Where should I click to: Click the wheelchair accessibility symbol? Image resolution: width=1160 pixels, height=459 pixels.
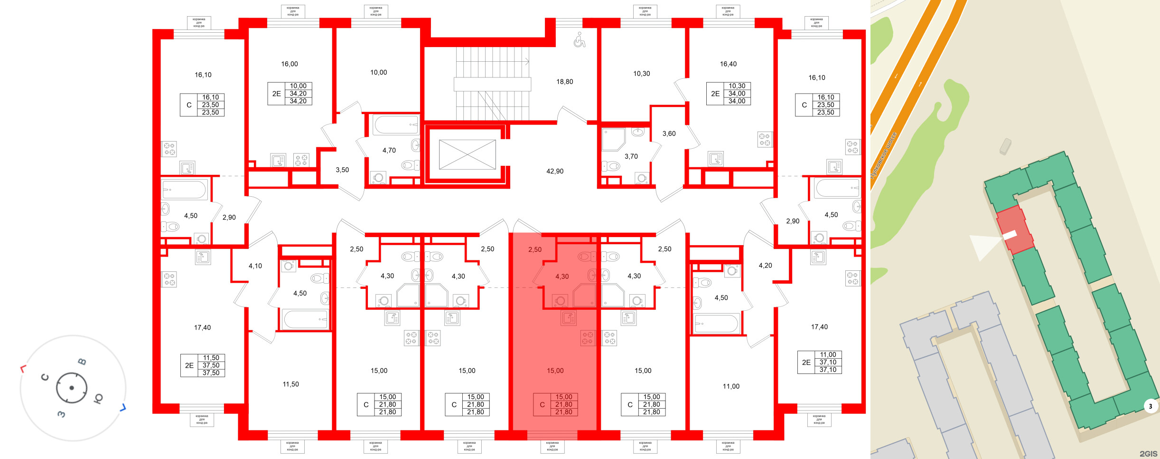pyautogui.click(x=579, y=40)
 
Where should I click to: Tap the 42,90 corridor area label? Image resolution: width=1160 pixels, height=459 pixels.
pyautogui.click(x=554, y=171)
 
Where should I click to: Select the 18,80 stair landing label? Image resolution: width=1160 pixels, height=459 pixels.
pyautogui.click(x=564, y=82)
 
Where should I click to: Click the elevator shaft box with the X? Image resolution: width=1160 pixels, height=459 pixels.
pyautogui.click(x=467, y=154)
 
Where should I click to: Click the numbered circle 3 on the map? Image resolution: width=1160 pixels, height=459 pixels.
pyautogui.click(x=1150, y=406)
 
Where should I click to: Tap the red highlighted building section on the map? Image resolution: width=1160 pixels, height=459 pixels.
pyautogui.click(x=1015, y=230)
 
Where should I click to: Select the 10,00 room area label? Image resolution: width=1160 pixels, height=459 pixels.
pyautogui.click(x=378, y=73)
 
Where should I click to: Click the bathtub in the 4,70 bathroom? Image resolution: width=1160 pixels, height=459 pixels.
pyautogui.click(x=395, y=125)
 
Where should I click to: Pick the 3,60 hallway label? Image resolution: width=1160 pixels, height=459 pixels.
pyautogui.click(x=669, y=134)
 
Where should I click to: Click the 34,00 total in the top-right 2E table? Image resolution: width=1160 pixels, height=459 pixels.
pyautogui.click(x=737, y=101)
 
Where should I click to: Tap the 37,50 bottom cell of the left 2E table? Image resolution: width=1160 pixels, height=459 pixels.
pyautogui.click(x=211, y=373)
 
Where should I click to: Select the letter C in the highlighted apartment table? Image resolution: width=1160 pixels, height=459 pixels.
pyautogui.click(x=542, y=405)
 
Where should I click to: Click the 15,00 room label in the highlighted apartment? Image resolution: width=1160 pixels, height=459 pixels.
pyautogui.click(x=555, y=371)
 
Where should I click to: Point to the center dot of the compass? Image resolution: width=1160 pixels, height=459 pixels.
pyautogui.click(x=72, y=388)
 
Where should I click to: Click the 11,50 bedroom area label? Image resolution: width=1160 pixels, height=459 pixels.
pyautogui.click(x=290, y=384)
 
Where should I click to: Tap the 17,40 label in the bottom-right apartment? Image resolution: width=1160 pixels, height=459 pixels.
pyautogui.click(x=819, y=327)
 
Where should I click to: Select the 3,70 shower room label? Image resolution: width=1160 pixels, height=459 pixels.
pyautogui.click(x=631, y=156)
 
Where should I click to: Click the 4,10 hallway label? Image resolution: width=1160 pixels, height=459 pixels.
pyautogui.click(x=255, y=266)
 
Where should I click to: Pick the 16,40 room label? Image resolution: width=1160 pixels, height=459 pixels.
pyautogui.click(x=728, y=64)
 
